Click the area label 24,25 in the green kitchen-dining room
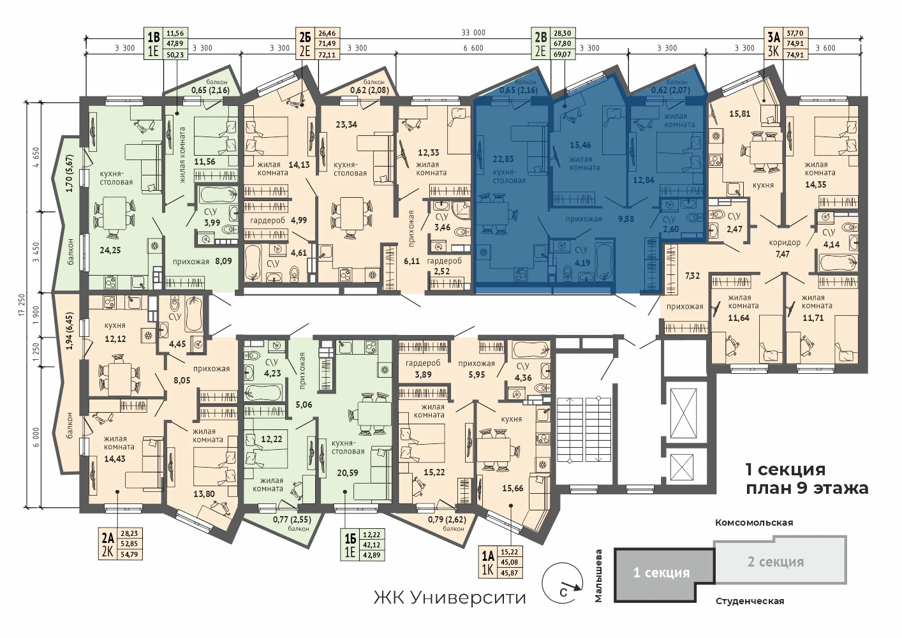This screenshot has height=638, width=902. (110, 250)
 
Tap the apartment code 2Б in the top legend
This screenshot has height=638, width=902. (305, 37)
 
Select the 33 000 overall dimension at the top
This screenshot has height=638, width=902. (473, 33)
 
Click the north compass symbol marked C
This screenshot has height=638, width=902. (562, 584)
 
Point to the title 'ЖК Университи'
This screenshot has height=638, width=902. (450, 598)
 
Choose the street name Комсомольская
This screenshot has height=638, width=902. (754, 523)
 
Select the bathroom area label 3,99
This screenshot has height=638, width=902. (212, 223)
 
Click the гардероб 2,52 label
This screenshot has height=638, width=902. (444, 266)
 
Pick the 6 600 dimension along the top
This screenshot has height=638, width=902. (473, 48)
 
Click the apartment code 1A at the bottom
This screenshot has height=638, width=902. (487, 556)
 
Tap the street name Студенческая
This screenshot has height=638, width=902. (750, 602)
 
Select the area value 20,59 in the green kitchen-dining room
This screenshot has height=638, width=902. (348, 473)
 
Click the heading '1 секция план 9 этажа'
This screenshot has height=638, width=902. (806, 479)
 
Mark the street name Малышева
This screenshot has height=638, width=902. (598, 575)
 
